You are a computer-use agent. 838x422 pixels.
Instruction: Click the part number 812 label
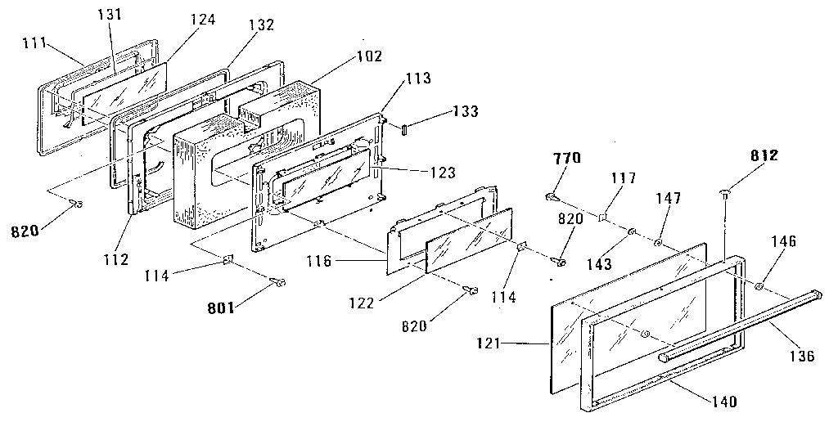pos(764,155)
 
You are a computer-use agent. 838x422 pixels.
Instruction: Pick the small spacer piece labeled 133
pos(404,129)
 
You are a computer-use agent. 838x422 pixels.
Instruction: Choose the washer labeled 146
pos(759,287)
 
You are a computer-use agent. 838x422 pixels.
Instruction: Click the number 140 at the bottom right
pos(723,401)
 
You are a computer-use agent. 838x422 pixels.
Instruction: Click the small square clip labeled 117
pos(601,217)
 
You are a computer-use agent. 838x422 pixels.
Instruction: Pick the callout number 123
pos(442,172)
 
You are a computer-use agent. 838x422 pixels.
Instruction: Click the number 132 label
pos(260,24)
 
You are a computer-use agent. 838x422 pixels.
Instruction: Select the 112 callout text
pos(115,259)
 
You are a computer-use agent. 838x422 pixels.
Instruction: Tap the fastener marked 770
pos(552,198)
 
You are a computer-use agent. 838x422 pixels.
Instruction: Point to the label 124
pos(203,20)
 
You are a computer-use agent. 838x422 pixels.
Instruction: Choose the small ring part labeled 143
pos(631,231)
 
